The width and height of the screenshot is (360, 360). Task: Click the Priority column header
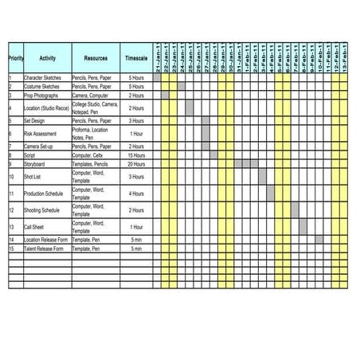pos(15,58)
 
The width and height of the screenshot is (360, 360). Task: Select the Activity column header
pos(47,58)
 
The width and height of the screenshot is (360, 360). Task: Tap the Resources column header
pos(96,58)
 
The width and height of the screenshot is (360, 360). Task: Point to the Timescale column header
pos(135,58)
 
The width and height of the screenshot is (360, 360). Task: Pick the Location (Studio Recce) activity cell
pos(46,108)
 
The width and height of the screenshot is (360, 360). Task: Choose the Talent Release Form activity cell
pos(46,248)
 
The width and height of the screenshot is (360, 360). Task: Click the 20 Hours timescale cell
pos(135,163)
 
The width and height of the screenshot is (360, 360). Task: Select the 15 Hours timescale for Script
pos(135,155)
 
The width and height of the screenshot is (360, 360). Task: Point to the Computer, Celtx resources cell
pos(96,155)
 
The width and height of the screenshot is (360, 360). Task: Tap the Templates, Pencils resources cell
pos(96,163)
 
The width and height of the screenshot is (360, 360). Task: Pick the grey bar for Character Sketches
pos(157,77)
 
